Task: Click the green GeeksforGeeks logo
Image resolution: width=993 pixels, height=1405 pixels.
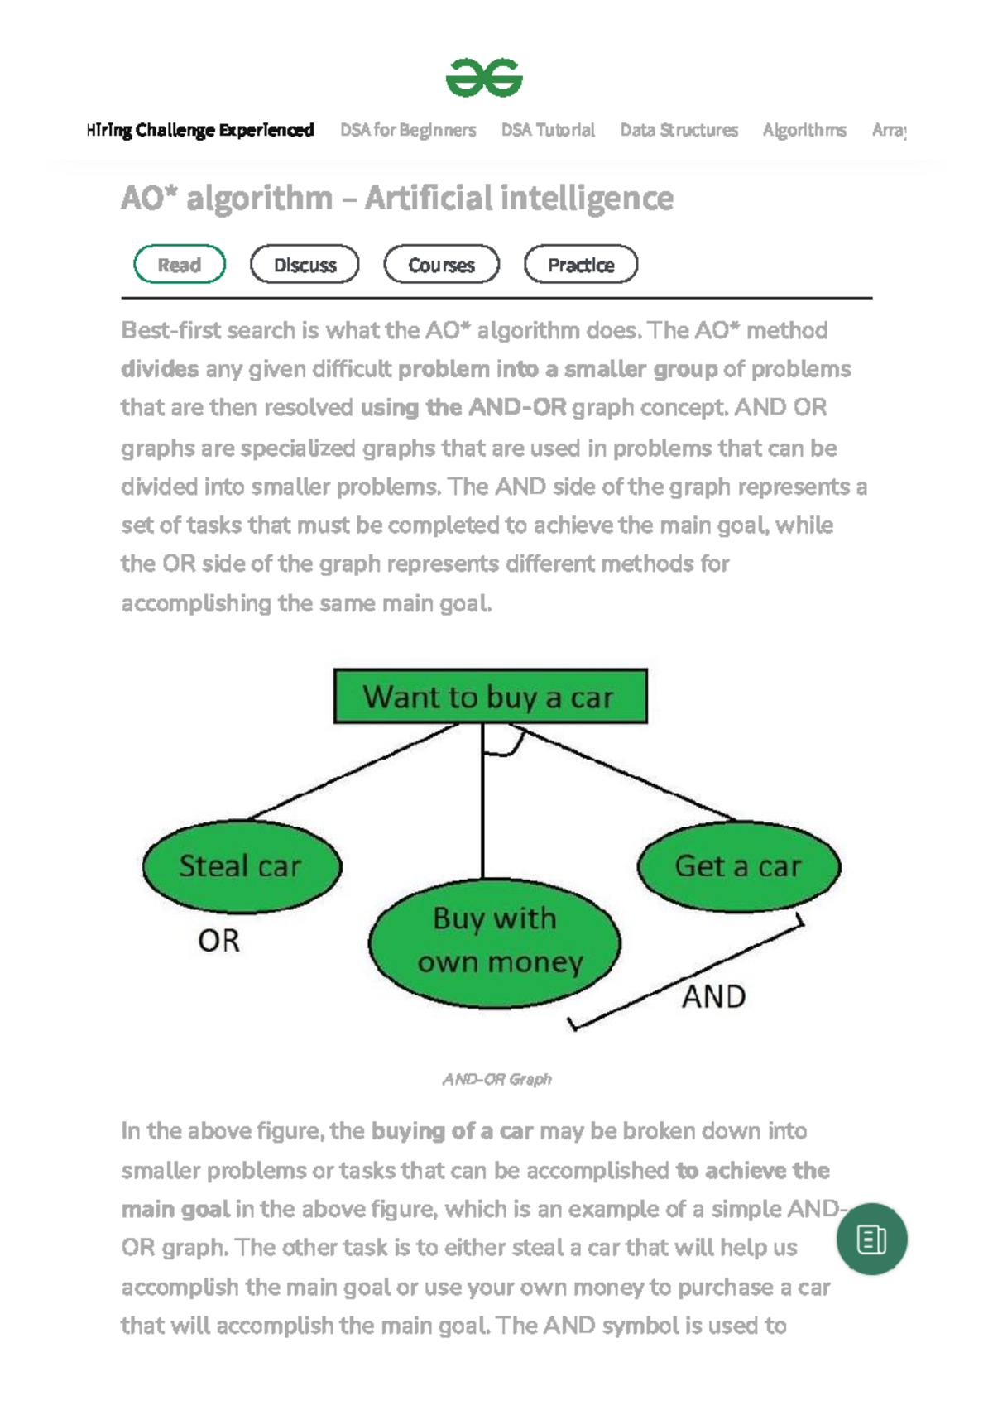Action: click(x=484, y=78)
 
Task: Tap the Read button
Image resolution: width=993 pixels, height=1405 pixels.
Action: click(x=180, y=265)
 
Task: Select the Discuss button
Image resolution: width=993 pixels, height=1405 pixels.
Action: click(x=305, y=265)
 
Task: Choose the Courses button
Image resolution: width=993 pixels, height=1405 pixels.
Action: click(x=441, y=265)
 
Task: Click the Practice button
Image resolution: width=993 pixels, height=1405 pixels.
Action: click(x=581, y=265)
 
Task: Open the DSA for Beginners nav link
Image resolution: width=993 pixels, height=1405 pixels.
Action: click(x=408, y=130)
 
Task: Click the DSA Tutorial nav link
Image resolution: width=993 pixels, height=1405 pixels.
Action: click(x=548, y=130)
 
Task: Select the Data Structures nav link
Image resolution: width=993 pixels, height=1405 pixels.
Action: click(x=679, y=130)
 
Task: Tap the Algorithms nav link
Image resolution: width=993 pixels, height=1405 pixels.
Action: click(x=804, y=130)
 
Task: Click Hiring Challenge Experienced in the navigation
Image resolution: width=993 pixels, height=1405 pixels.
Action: click(x=200, y=130)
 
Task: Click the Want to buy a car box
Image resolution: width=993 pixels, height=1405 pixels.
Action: click(x=490, y=697)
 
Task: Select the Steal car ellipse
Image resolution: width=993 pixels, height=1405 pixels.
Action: click(x=242, y=866)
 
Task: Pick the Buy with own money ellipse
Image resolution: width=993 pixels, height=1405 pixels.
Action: click(x=495, y=942)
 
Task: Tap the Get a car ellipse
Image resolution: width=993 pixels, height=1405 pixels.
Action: click(x=738, y=866)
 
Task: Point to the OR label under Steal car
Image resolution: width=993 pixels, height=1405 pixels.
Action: click(x=218, y=941)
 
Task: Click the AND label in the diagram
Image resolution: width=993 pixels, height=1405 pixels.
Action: click(x=713, y=997)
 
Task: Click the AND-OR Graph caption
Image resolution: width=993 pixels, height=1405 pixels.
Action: click(x=496, y=1079)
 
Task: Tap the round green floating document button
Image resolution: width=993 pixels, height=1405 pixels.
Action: click(x=871, y=1239)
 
